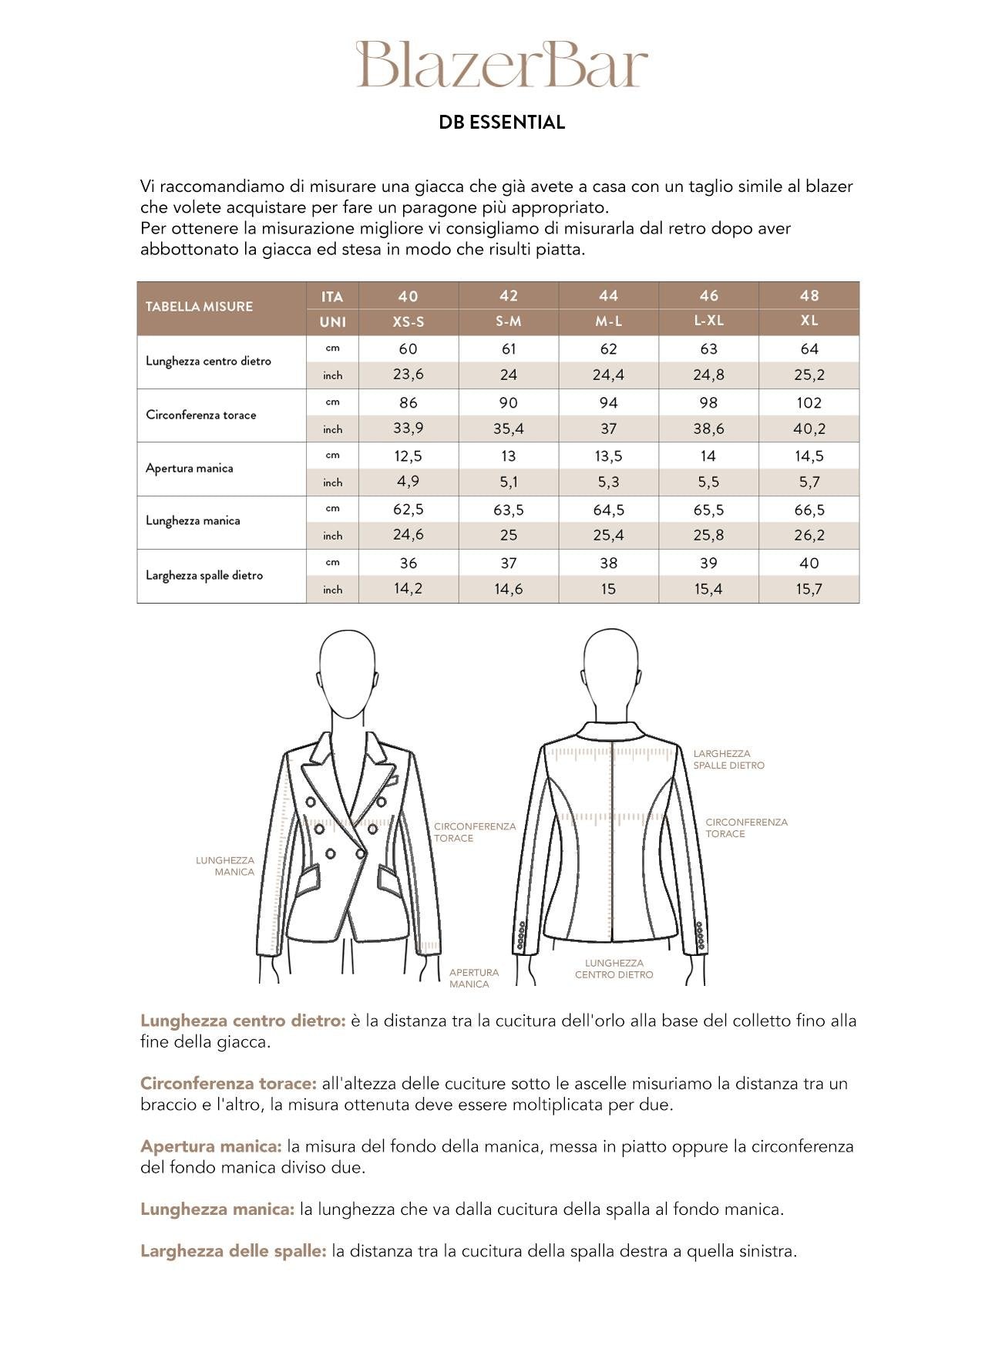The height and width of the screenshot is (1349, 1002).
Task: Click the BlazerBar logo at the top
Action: point(501,65)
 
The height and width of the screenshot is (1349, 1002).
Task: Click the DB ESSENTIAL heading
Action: point(502,123)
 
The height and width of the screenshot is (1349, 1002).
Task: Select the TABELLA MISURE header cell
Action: point(199,307)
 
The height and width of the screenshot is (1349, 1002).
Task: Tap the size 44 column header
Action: point(608,296)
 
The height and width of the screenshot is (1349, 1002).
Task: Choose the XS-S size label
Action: point(408,321)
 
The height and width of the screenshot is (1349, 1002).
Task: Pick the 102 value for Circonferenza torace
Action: point(809,402)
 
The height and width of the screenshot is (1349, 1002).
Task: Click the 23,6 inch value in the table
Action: point(408,375)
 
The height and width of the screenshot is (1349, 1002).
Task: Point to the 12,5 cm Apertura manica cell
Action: point(408,456)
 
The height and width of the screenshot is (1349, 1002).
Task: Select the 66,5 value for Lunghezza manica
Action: point(809,510)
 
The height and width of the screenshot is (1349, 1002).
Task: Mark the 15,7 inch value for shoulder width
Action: point(809,589)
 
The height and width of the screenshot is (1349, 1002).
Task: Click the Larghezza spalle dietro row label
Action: point(204,575)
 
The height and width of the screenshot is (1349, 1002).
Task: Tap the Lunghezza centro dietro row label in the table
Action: point(208,361)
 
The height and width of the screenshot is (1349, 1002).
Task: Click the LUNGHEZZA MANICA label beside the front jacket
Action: point(225,866)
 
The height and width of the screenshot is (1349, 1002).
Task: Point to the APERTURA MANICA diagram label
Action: point(473,978)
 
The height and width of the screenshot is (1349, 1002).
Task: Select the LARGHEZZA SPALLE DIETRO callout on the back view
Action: point(728,759)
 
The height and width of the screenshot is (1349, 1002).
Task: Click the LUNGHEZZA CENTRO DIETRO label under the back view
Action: point(614,969)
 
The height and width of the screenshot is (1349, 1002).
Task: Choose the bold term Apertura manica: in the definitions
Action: point(210,1146)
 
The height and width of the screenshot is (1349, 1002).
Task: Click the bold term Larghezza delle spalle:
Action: point(234,1251)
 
